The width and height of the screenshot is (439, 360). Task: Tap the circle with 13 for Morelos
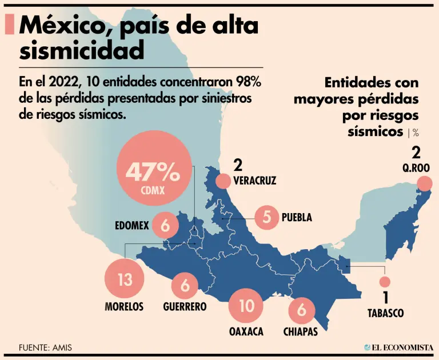125,280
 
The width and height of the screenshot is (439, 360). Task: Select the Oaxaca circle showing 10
247,306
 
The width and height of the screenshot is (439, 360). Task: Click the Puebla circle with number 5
266,217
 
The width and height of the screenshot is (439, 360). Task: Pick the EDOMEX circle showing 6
166,226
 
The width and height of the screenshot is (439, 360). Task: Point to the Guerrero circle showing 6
185,284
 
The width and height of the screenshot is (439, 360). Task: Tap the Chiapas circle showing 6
302,311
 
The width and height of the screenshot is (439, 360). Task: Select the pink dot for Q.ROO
424,183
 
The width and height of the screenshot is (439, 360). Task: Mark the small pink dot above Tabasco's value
385,282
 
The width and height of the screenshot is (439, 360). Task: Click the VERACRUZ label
255,181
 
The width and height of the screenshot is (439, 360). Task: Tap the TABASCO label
386,313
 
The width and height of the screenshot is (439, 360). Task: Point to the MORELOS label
124,307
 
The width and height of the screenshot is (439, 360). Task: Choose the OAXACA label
246,331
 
